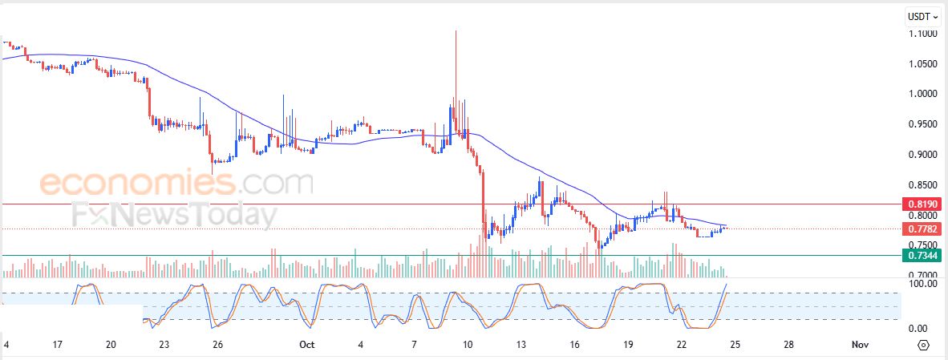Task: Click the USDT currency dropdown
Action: [922, 16]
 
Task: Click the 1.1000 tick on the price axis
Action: [923, 34]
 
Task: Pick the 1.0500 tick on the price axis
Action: [923, 64]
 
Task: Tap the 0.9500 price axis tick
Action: [923, 124]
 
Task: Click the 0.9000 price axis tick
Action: [923, 155]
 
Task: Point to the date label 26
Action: [217, 345]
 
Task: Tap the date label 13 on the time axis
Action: [521, 345]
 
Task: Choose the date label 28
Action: [789, 345]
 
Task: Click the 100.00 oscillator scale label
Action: [923, 284]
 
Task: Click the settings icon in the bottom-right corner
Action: [922, 345]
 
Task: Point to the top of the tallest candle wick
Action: [456, 30]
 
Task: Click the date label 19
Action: [628, 345]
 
